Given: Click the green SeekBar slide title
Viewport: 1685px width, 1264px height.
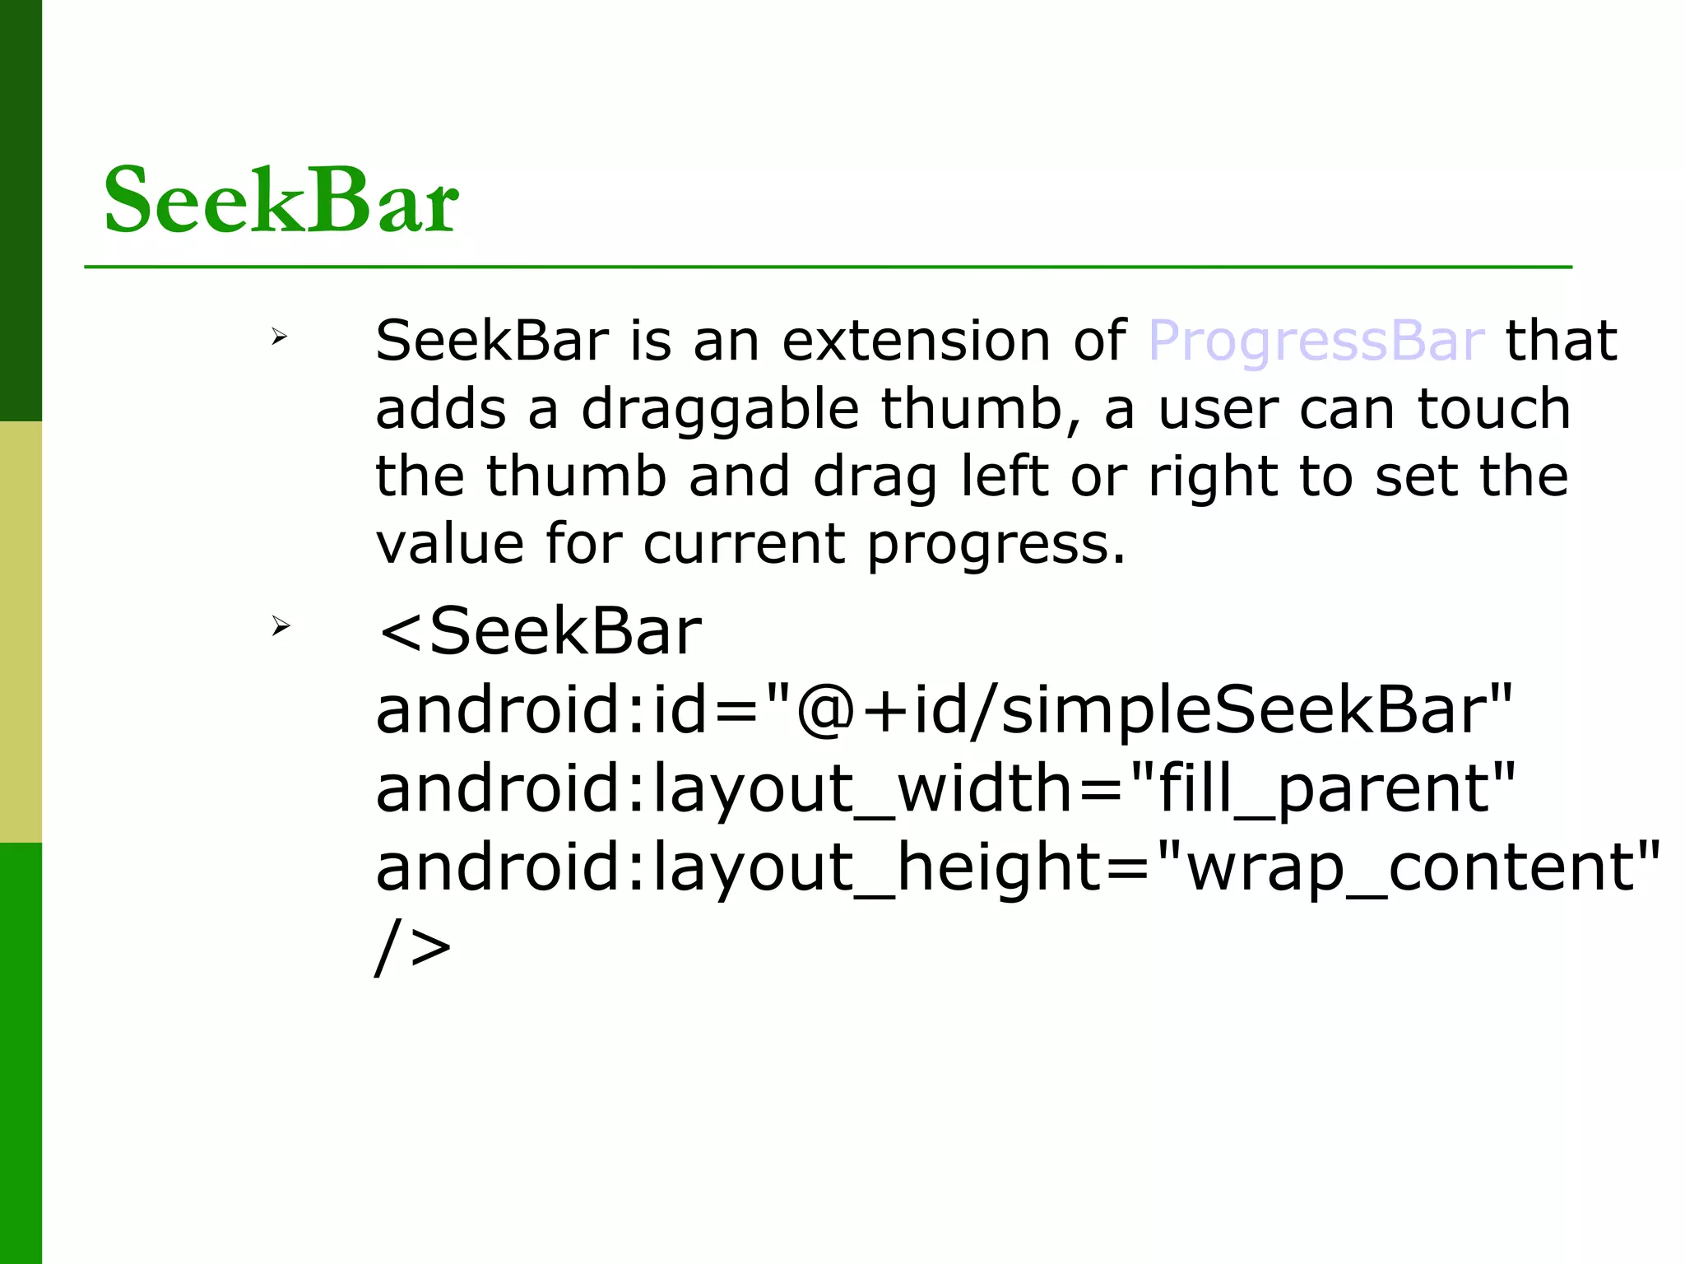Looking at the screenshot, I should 281,200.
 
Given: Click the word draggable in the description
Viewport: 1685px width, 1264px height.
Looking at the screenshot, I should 720,409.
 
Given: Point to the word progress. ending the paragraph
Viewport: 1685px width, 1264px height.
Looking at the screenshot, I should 996,546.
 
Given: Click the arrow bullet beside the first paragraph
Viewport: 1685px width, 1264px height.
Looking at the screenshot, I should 280,336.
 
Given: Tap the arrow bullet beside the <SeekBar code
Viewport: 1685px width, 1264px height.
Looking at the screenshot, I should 281,626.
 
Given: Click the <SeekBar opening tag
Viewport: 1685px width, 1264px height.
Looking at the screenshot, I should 539,632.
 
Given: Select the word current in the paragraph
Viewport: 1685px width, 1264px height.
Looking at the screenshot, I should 744,544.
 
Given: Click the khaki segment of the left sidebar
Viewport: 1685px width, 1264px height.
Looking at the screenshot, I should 21,631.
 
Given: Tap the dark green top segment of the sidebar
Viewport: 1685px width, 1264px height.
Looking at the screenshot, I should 21,210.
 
